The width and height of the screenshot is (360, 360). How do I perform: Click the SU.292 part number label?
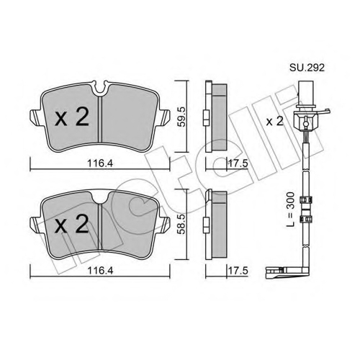coord(307,68)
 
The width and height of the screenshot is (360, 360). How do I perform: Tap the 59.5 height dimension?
coord(181,117)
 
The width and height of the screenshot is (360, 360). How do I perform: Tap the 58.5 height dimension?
coord(181,225)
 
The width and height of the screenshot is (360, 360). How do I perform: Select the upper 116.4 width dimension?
coord(100,163)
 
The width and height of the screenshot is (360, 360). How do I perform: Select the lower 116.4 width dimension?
coord(100,271)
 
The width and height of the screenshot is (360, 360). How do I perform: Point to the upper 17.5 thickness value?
coord(238,163)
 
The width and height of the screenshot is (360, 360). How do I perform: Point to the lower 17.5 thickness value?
coord(238,271)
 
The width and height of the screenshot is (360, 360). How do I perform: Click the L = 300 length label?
coord(291,210)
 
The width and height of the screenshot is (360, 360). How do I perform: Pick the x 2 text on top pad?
coord(72,117)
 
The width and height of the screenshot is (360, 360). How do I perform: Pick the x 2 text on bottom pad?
coord(72,224)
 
